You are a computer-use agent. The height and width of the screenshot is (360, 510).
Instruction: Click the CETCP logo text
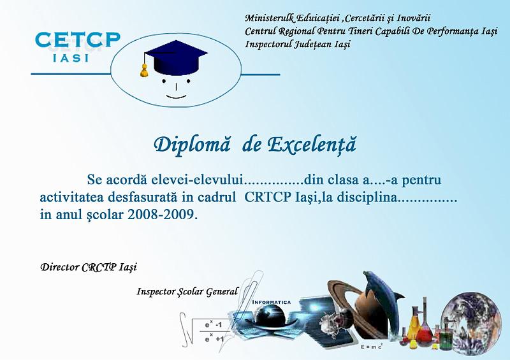pos(77,40)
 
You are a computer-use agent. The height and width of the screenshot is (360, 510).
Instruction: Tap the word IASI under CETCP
pos(71,58)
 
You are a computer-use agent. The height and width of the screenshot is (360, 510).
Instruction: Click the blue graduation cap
pos(176,57)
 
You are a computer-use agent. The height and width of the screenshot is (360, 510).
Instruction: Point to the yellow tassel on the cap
pos(144,71)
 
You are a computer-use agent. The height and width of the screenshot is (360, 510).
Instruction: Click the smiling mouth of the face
pos(177,97)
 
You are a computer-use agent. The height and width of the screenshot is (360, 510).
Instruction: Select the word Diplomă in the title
pos(192,145)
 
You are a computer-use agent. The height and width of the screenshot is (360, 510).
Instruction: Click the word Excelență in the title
pos(312,145)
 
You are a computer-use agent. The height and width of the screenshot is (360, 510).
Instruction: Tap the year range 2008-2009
pos(163,214)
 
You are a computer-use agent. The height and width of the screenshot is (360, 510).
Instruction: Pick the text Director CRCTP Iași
pos(89,268)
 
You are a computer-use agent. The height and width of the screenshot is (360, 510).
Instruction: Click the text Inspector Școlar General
pos(187,292)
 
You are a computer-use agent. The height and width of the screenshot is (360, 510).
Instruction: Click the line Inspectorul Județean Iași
pos(298,44)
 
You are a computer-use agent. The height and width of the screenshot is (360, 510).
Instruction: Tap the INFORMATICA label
pos(272,302)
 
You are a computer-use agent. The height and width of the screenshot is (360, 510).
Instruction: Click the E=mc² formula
pos(372,347)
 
